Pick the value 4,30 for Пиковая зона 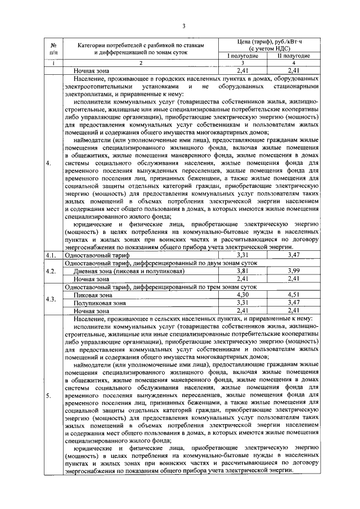coord(242,294)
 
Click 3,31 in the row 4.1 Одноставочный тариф coord(242,255)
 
